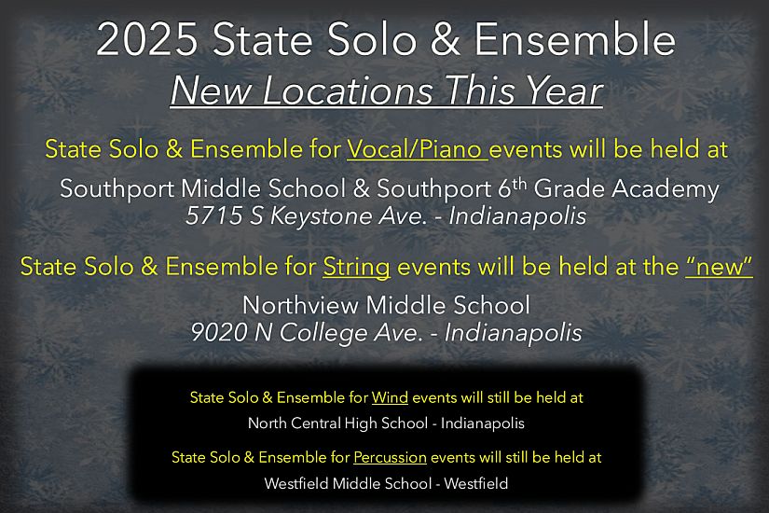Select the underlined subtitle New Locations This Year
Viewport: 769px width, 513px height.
387,92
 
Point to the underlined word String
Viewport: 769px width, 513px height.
356,267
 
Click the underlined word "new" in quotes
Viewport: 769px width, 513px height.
719,267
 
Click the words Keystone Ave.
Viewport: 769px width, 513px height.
329,216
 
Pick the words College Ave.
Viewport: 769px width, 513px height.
355,332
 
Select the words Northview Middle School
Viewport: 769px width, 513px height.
386,305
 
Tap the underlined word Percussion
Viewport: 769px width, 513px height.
390,458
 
